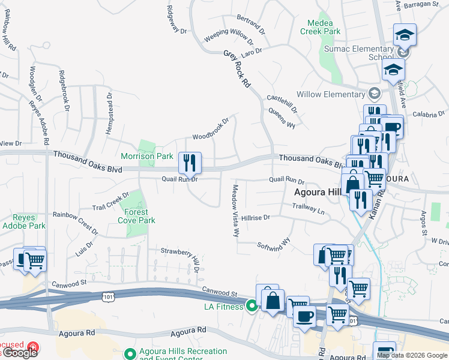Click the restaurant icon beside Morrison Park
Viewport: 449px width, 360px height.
tap(190, 162)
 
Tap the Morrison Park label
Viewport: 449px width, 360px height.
tap(147, 156)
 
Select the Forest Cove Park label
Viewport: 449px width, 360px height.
tap(139, 216)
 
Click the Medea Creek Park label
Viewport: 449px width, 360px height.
tap(320, 26)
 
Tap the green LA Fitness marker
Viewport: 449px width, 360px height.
tap(252, 307)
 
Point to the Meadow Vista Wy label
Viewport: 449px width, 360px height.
tap(235, 210)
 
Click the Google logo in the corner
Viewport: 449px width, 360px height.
tap(19, 353)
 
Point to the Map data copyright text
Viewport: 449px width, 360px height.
tap(412, 355)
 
